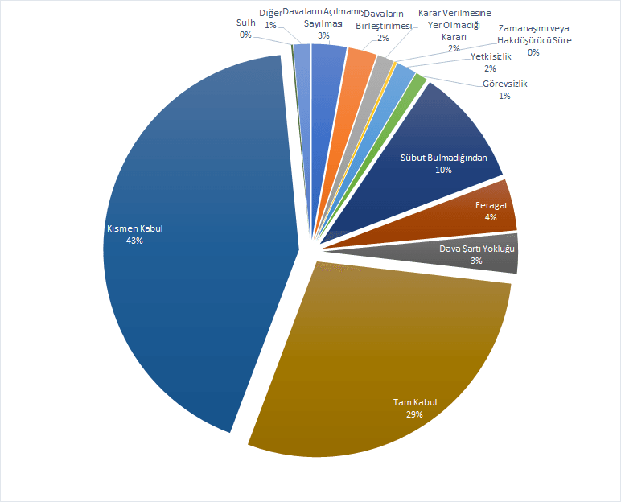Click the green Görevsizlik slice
coord(419,81)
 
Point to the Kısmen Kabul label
coord(135,228)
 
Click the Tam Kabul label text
coord(414,402)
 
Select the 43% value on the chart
coord(134,241)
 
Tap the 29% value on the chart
coord(414,414)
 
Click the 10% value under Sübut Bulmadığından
coord(444,170)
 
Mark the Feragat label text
coord(491,205)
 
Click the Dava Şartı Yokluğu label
coord(477,249)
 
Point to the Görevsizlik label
coord(505,84)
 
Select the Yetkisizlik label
coord(491,56)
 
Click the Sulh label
coord(245,23)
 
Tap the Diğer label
coord(271,13)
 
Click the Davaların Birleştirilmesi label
coord(383,25)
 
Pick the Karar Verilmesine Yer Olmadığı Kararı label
coord(454,25)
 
